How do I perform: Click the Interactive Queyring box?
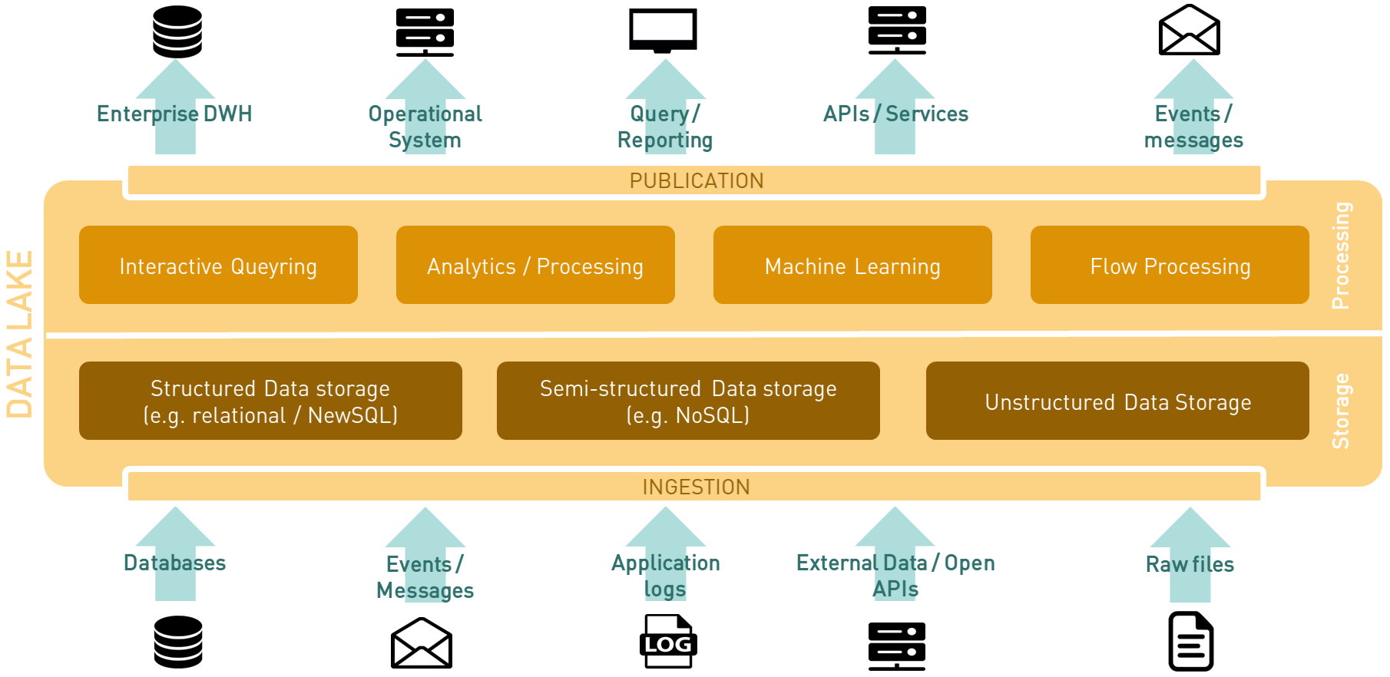(x=218, y=266)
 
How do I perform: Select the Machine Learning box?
(x=852, y=266)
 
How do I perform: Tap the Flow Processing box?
(x=1170, y=266)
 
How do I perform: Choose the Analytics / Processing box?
(x=535, y=266)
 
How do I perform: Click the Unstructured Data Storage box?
(x=1117, y=401)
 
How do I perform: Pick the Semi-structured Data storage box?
(x=688, y=401)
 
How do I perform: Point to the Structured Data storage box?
(x=270, y=401)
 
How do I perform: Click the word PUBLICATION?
(x=697, y=181)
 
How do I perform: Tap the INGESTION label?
(x=696, y=487)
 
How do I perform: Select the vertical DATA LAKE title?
(x=20, y=334)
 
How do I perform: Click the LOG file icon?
(x=667, y=642)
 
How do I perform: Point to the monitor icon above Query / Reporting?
(x=663, y=31)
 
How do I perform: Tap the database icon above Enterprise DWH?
(x=177, y=31)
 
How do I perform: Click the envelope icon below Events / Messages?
(x=422, y=643)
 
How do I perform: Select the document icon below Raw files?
(x=1190, y=642)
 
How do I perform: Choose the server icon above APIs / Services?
(x=897, y=31)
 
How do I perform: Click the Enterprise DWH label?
(x=174, y=114)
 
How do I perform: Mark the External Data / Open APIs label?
(x=895, y=576)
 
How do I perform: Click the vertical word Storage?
(x=1341, y=411)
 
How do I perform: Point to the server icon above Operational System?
(x=425, y=32)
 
